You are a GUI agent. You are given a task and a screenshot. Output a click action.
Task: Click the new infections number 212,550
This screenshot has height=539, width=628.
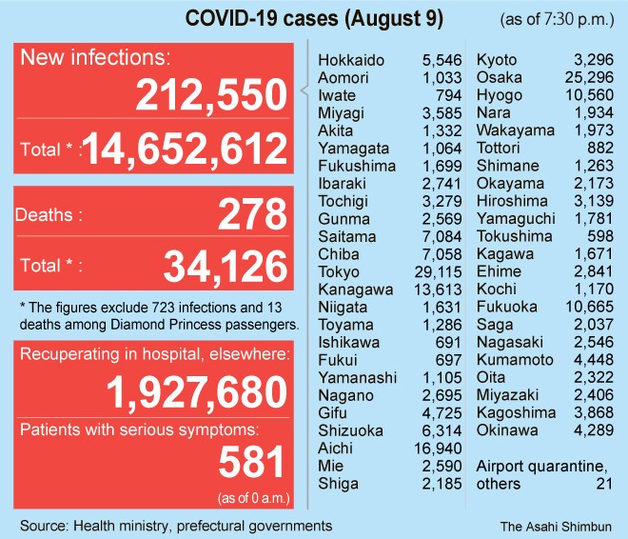click(210, 96)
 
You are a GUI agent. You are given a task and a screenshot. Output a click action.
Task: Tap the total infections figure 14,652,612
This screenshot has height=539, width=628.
click(186, 150)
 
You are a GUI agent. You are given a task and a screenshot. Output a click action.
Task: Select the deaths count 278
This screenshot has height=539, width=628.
click(251, 214)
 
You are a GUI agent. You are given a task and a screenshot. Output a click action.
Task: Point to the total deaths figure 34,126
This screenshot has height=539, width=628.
click(225, 266)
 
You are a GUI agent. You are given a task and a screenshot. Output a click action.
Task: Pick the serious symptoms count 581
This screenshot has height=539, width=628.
click(251, 462)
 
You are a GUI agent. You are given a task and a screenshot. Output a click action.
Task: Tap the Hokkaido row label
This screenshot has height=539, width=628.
click(352, 61)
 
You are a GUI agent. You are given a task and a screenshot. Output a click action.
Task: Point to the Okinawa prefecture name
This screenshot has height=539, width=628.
click(507, 430)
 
